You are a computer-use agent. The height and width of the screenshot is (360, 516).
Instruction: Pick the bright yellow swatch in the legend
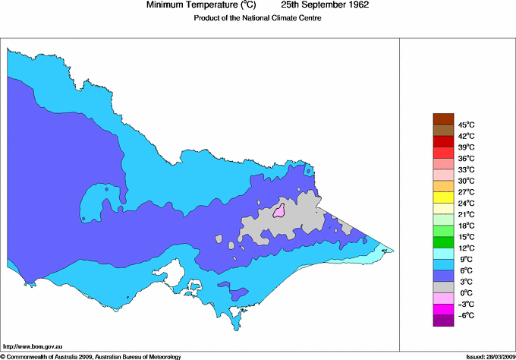[x=442, y=197]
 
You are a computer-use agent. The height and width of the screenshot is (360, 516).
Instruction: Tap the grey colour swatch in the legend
[x=442, y=287]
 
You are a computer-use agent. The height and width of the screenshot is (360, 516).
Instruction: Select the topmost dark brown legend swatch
[x=442, y=118]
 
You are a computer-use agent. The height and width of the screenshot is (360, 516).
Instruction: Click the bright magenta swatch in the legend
[x=442, y=309]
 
